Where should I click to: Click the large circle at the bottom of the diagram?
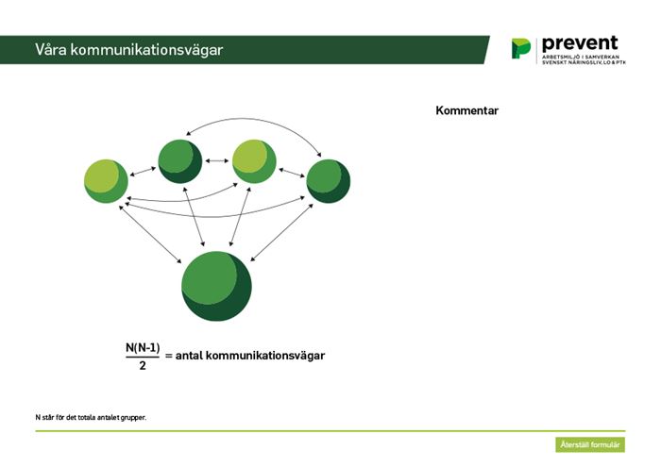pos(216,286)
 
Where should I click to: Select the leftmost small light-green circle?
pos(106,181)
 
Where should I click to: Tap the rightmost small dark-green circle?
pos(328,181)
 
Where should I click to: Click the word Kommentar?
pos(466,110)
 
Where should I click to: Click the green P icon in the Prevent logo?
pos(521,48)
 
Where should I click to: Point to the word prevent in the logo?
pos(580,43)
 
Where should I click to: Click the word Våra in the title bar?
pos(51,49)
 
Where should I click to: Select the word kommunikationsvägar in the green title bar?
pos(146,50)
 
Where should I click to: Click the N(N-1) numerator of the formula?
pos(143,348)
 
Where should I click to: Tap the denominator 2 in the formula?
pos(143,365)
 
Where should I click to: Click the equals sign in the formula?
pos(169,356)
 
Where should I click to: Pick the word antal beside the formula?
pos(189,356)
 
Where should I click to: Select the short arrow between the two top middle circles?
pos(216,160)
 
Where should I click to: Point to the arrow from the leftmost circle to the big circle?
pos(150,234)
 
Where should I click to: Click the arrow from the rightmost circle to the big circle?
pos(281,232)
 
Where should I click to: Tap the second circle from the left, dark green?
pos(180,161)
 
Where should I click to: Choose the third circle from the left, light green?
pos(254,161)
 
